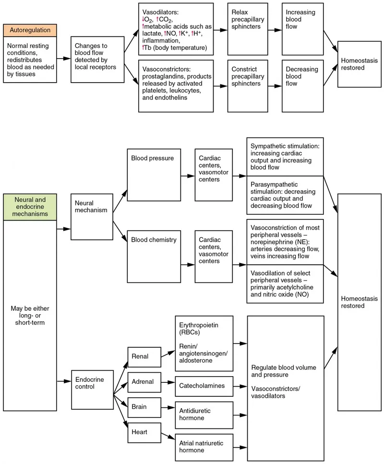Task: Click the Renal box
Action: (143, 356)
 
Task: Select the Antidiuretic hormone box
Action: (204, 414)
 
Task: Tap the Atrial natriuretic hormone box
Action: (204, 447)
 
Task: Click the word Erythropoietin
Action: (198, 325)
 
